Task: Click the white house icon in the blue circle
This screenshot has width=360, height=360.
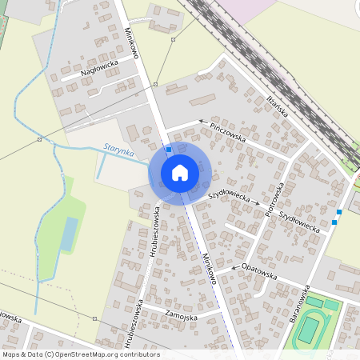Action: coord(180,172)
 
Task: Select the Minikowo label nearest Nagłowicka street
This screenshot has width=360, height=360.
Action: coord(133,45)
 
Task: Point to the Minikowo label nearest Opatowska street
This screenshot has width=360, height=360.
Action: coord(209,268)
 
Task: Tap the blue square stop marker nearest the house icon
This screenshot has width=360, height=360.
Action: coord(168,150)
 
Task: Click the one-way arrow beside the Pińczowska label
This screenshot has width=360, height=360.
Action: coord(192,122)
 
